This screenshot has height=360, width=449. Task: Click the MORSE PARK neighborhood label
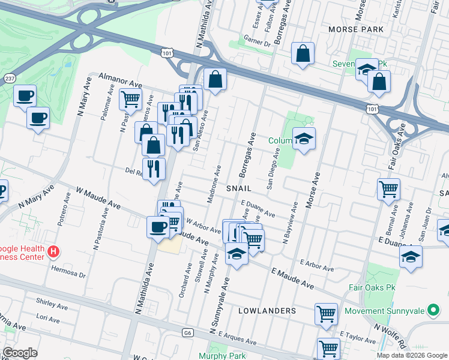point(355,29)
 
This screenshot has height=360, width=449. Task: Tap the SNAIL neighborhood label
point(242,188)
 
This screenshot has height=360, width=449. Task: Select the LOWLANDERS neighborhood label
point(267,311)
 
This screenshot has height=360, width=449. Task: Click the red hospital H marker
point(54,251)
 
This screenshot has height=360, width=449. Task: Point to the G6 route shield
point(188,332)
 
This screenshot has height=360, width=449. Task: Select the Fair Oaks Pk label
point(373,287)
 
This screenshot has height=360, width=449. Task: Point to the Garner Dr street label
point(258,40)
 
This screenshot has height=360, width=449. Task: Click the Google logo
point(20,353)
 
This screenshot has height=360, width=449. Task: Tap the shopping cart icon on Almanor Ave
point(130,99)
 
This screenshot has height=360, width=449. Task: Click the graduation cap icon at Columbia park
point(304,139)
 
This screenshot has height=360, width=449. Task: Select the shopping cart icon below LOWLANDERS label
point(326,313)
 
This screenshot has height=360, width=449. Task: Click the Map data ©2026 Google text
point(411,355)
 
